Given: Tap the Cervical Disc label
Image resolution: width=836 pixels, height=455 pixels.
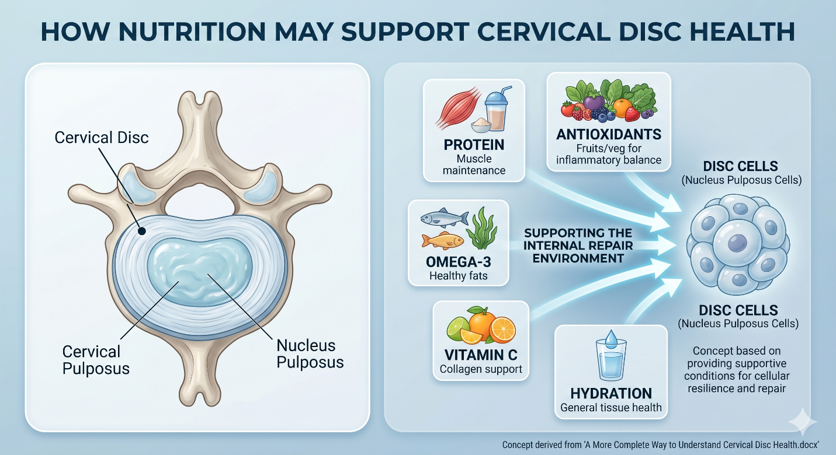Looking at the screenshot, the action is pyautogui.click(x=102, y=138).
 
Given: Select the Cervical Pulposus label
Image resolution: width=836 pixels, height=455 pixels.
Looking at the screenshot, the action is pyautogui.click(x=96, y=360).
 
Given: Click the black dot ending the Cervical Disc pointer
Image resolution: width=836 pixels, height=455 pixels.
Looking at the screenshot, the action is pyautogui.click(x=142, y=232).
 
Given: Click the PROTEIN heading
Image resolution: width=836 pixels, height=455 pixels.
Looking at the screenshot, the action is pyautogui.click(x=474, y=145).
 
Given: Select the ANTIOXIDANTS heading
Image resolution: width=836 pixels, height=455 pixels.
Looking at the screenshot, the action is pyautogui.click(x=609, y=135).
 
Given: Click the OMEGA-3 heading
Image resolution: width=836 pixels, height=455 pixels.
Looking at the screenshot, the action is pyautogui.click(x=458, y=262).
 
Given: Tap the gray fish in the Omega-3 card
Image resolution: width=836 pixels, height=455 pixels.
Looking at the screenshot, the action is pyautogui.click(x=445, y=217).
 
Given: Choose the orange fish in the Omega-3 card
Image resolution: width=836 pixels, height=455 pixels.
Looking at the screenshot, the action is pyautogui.click(x=442, y=240).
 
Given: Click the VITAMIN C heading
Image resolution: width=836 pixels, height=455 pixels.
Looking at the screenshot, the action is pyautogui.click(x=481, y=355).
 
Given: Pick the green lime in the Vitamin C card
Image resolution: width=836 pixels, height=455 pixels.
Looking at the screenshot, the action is pyautogui.click(x=458, y=328).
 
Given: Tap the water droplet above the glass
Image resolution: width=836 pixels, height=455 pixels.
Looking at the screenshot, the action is pyautogui.click(x=611, y=339).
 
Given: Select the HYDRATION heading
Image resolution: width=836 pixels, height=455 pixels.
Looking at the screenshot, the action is pyautogui.click(x=611, y=394).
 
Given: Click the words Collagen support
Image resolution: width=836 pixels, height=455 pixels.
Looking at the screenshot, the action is pyautogui.click(x=481, y=369).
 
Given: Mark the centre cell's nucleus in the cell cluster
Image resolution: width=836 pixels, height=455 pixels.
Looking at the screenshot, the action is pyautogui.click(x=737, y=243).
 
